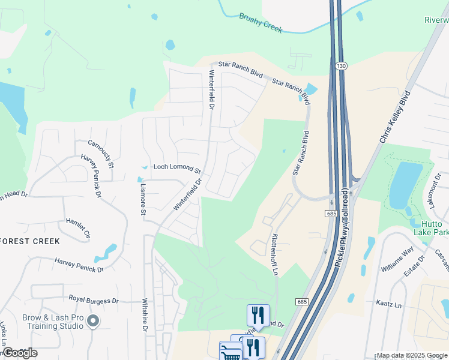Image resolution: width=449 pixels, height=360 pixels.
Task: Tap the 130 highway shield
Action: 340,67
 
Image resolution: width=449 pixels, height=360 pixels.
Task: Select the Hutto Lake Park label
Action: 430,227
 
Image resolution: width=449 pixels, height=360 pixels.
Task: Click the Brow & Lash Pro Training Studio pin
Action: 92,322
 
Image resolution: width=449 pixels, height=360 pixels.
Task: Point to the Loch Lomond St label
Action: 176,167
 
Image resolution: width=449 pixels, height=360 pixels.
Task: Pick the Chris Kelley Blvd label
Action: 394,116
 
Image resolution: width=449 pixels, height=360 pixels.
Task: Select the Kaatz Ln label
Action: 388,304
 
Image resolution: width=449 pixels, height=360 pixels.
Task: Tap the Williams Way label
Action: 397,259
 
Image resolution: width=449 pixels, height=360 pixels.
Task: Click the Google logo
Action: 20,353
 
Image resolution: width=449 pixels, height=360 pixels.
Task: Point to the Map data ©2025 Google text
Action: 412,355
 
